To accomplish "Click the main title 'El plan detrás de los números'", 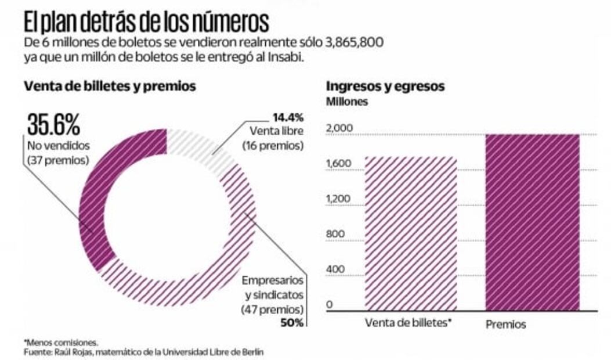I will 146,21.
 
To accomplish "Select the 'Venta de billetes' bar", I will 411,232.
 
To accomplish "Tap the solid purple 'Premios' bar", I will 533,221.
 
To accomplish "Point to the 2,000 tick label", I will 339,127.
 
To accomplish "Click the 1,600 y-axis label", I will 339,163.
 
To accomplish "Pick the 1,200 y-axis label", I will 339,199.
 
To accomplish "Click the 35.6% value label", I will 53,124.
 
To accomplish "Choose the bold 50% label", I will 291,322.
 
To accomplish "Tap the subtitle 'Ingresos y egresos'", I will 385,87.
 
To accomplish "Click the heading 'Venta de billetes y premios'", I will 110,87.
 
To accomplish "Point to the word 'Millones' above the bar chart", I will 347,102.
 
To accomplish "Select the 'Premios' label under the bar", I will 505,324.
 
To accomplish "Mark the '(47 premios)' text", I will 272,309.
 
